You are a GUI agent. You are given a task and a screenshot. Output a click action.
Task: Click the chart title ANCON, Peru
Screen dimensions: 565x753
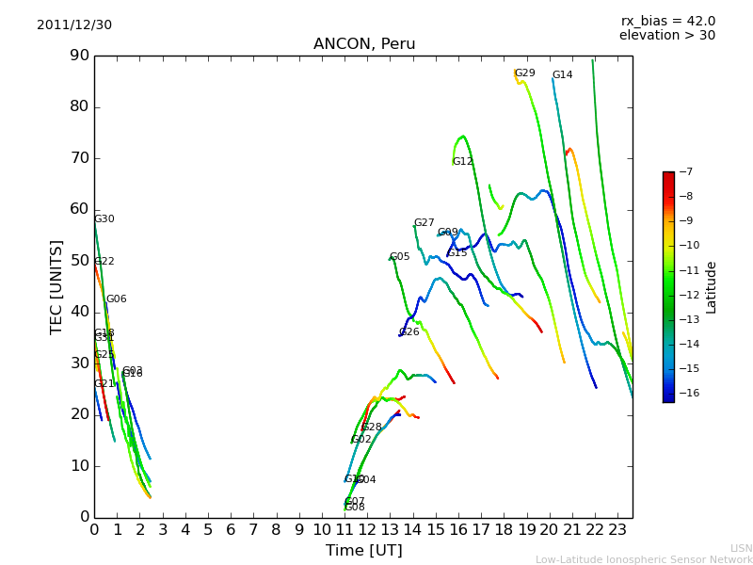pyautogui.click(x=364, y=44)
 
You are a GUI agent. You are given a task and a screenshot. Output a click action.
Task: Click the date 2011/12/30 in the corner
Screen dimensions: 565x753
pyautogui.click(x=74, y=24)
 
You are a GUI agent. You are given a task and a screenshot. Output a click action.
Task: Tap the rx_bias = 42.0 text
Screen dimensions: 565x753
pyautogui.click(x=668, y=21)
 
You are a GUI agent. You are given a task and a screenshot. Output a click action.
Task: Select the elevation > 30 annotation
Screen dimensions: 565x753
pyautogui.click(x=667, y=36)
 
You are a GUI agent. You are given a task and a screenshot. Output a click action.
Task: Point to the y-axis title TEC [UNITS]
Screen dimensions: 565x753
pyautogui.click(x=56, y=286)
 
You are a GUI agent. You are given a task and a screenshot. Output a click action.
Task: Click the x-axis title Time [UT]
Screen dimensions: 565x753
pyautogui.click(x=363, y=550)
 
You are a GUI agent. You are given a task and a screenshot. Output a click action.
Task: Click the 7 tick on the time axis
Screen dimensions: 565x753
pyautogui.click(x=253, y=530)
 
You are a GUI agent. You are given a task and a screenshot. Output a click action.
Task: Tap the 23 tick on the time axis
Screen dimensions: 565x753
pyautogui.click(x=617, y=530)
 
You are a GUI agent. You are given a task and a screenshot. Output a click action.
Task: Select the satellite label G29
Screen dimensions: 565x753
pyautogui.click(x=524, y=73)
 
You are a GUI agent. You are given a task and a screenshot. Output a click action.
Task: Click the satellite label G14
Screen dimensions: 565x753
pyautogui.click(x=562, y=75)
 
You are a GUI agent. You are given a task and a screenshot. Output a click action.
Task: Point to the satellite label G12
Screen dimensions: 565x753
pyautogui.click(x=462, y=162)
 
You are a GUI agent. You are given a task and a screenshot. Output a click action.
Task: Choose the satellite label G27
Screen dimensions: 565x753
pyautogui.click(x=425, y=223)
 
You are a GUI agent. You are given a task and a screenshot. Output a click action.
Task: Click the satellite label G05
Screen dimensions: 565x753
pyautogui.click(x=399, y=257)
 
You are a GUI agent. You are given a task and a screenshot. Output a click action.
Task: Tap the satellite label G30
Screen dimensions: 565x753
pyautogui.click(x=104, y=219)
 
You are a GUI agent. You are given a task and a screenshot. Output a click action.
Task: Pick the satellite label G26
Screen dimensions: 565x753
pyautogui.click(x=409, y=332)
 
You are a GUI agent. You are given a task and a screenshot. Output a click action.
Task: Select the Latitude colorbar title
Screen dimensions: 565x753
pyautogui.click(x=712, y=286)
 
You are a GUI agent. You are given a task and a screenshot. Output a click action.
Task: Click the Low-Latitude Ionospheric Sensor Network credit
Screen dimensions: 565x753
pyautogui.click(x=644, y=559)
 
